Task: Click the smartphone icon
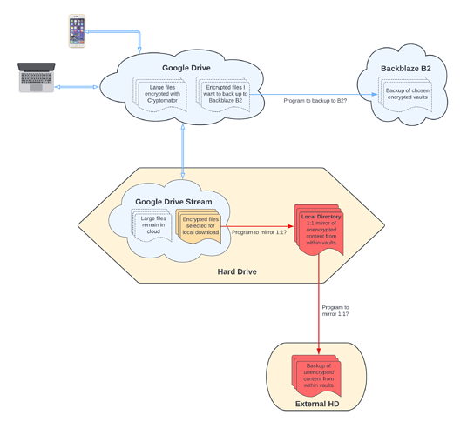coord(77,31)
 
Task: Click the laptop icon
coord(37,77)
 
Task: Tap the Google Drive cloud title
coord(186,68)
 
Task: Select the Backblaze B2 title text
coord(406,69)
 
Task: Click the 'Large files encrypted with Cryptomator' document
coord(160,94)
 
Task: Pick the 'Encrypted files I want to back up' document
coord(223,94)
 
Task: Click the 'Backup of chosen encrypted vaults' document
coord(405,94)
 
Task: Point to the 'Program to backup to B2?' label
coord(315,101)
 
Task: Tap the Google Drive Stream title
coord(173,202)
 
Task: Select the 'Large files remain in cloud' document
coord(152,225)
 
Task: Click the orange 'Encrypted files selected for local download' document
coord(199,226)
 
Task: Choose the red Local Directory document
coord(319,230)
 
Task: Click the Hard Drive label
coord(237,271)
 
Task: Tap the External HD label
coord(317,404)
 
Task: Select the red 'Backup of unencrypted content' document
coord(316,376)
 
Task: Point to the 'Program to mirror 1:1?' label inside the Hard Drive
coord(259,232)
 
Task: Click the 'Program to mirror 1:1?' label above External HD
coord(335,311)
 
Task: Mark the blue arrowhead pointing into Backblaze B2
coord(375,94)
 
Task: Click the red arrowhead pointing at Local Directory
coord(290,226)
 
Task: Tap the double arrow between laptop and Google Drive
coord(77,87)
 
